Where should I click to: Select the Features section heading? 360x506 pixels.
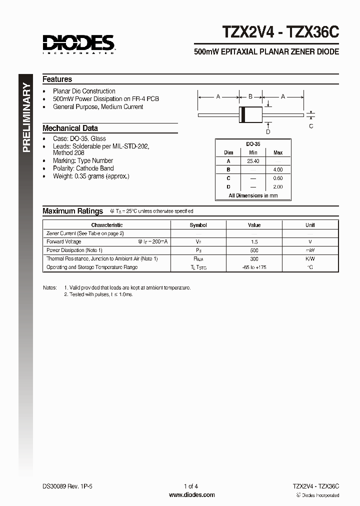[x=57, y=79]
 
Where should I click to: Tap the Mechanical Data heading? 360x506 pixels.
[x=70, y=128]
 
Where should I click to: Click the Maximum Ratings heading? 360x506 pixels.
[x=72, y=211]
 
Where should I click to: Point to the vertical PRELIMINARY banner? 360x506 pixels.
[x=27, y=118]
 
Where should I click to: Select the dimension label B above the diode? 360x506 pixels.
[x=250, y=97]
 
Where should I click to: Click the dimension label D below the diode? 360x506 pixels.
[x=268, y=132]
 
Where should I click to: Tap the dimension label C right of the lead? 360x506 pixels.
[x=311, y=126]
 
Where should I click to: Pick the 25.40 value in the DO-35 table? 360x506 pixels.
[x=253, y=161]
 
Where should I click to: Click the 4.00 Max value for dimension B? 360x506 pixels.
[x=278, y=170]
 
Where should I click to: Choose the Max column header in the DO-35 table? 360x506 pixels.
[x=278, y=152]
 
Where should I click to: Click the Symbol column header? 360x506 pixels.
[x=198, y=225]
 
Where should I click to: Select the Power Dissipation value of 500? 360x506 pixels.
[x=254, y=250]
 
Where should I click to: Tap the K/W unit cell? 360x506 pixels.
[x=310, y=258]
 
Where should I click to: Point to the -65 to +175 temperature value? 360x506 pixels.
[x=254, y=267]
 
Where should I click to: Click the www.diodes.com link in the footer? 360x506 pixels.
[x=192, y=495]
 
